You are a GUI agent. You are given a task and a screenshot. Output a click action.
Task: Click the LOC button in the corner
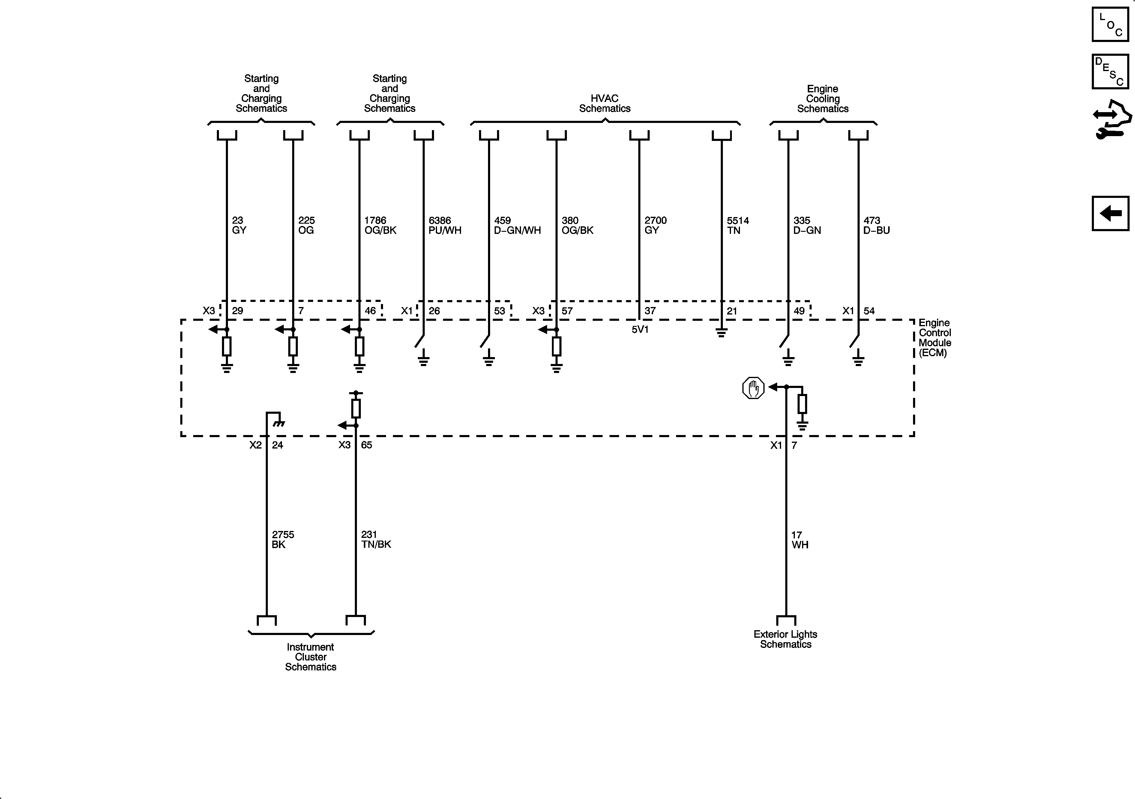[1110, 24]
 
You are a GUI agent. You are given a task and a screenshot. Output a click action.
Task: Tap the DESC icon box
[1110, 72]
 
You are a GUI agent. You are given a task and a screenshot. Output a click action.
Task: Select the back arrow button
[1110, 213]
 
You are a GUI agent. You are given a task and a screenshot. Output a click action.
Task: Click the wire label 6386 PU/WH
[445, 225]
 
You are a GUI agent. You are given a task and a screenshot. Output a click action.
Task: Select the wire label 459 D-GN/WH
[517, 225]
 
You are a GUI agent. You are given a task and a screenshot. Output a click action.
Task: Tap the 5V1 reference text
[640, 329]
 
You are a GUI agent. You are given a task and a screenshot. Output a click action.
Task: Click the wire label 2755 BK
[283, 540]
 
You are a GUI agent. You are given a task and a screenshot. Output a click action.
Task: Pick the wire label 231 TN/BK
[376, 540]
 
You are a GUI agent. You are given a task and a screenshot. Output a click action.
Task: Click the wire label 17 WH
[799, 540]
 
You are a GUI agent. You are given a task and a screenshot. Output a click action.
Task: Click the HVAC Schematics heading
[605, 103]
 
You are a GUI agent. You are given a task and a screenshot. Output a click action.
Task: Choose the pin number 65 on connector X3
[366, 445]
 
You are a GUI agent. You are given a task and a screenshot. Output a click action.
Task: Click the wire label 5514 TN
[738, 225]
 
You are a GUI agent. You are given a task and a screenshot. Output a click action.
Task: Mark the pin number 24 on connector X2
[277, 445]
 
